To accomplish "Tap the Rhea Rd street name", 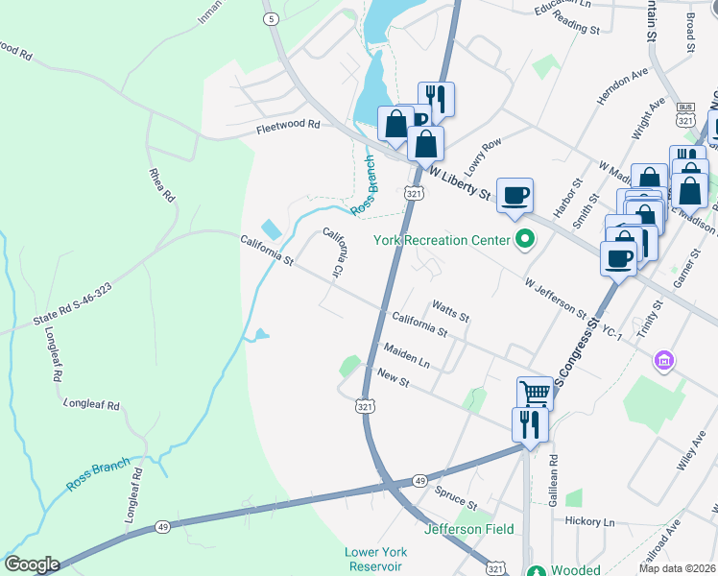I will pyautogui.click(x=163, y=183).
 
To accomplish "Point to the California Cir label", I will pyautogui.click(x=335, y=249).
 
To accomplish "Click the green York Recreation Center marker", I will pyautogui.click(x=524, y=239).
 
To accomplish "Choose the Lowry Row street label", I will pyautogui.click(x=483, y=156).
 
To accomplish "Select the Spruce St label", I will pyautogui.click(x=455, y=498).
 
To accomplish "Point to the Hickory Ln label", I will pyautogui.click(x=589, y=521).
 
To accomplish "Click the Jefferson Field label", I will pyautogui.click(x=469, y=529).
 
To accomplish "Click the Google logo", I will pyautogui.click(x=32, y=564).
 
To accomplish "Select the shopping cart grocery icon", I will pyautogui.click(x=535, y=392).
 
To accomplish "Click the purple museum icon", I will pyautogui.click(x=661, y=362).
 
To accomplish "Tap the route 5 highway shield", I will pyautogui.click(x=273, y=18).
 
